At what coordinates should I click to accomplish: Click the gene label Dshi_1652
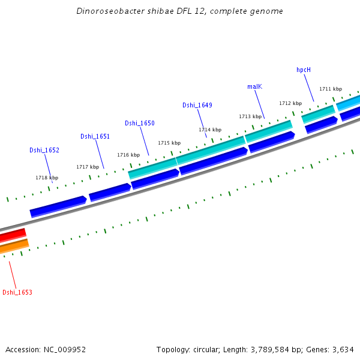tap(44, 150)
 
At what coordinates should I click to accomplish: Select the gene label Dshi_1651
tap(95, 136)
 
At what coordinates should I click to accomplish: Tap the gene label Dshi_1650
tap(140, 123)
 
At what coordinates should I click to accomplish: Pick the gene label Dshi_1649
tap(197, 105)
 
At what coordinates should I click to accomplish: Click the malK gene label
tap(255, 86)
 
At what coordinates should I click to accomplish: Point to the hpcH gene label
tap(304, 70)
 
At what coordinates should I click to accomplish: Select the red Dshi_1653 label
tap(17, 292)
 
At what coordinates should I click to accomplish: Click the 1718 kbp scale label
tap(47, 178)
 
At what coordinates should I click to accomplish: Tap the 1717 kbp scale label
tap(88, 167)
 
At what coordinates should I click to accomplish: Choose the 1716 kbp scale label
tap(128, 155)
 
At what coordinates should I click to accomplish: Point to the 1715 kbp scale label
tap(169, 143)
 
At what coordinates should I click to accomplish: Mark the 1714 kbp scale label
tap(210, 130)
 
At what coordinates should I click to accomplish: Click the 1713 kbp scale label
tap(250, 116)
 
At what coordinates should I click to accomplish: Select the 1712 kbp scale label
tap(290, 103)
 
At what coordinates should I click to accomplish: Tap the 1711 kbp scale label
tap(331, 89)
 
